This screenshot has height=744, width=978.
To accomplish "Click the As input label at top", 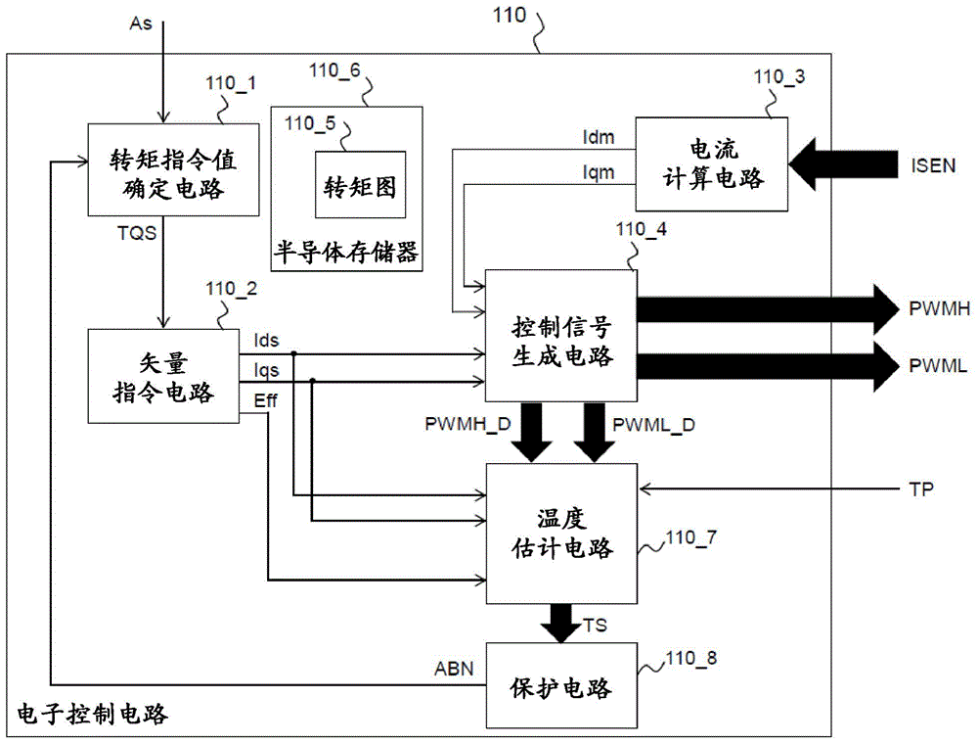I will click(141, 21).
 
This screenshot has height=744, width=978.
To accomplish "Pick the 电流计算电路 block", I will click(711, 163).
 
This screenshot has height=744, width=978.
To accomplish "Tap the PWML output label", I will click(937, 366).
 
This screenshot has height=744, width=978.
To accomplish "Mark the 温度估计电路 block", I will click(562, 534).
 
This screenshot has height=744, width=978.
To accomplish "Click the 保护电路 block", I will click(562, 686).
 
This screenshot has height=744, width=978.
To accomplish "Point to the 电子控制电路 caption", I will click(93, 715).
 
